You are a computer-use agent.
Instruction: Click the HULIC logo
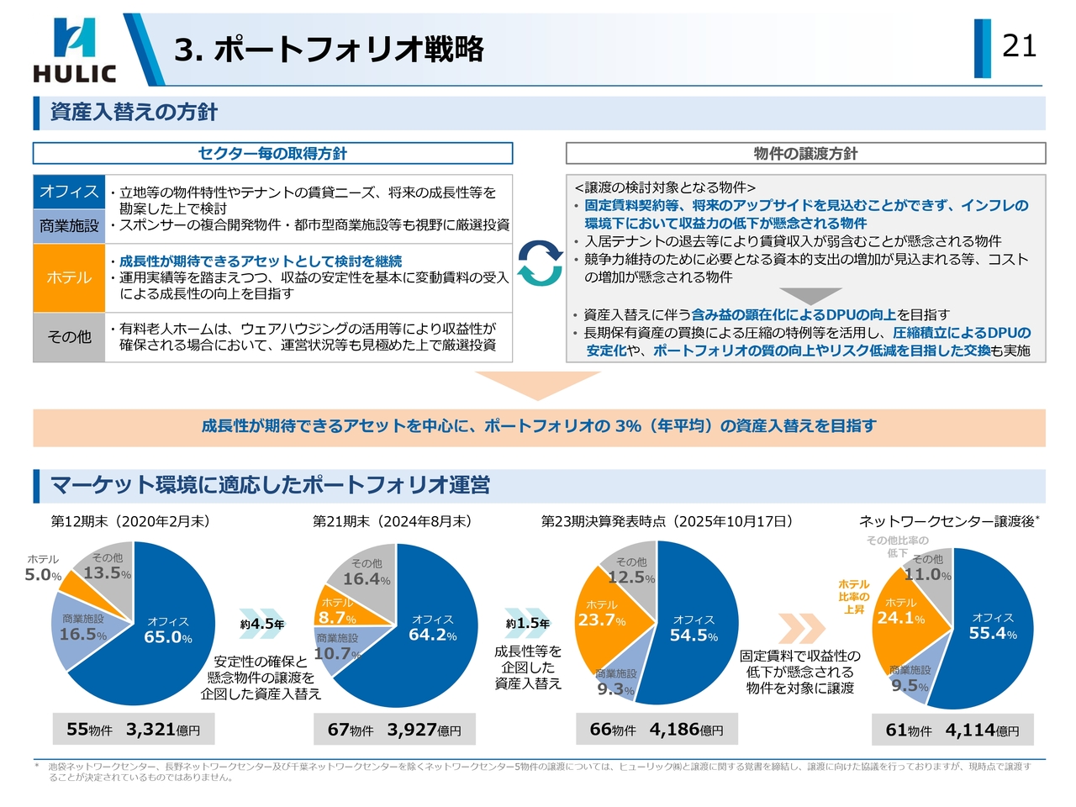click(x=74, y=50)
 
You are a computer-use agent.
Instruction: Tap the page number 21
click(x=1019, y=45)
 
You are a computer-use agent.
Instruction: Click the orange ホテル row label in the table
click(x=69, y=278)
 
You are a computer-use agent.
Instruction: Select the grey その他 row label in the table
click(x=69, y=337)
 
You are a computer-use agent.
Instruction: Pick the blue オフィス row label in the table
click(x=69, y=192)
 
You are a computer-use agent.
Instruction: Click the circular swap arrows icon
click(x=539, y=263)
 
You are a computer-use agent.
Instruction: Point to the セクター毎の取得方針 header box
click(x=272, y=153)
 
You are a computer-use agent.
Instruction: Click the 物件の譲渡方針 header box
click(x=805, y=153)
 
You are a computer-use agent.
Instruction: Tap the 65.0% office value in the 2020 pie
click(x=167, y=637)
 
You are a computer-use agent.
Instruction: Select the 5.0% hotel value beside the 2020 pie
click(x=43, y=575)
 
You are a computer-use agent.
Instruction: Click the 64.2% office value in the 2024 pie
click(x=432, y=635)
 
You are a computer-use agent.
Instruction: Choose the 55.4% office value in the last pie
click(x=992, y=633)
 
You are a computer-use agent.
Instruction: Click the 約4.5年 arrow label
click(x=262, y=624)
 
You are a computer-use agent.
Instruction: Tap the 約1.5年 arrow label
click(x=528, y=623)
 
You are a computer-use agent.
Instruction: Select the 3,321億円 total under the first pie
click(x=163, y=730)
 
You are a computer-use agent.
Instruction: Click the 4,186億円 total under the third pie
click(x=686, y=730)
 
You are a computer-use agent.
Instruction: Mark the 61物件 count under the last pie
click(x=909, y=731)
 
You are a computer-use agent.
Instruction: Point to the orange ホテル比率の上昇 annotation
click(x=853, y=596)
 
